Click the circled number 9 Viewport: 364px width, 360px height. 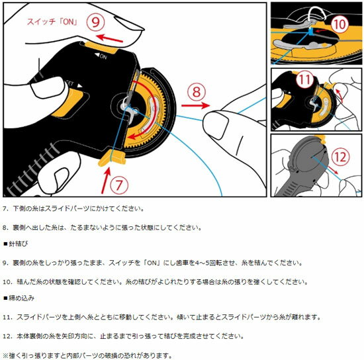point(95,22)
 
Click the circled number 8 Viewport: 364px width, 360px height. point(197,91)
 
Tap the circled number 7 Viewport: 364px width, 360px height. point(119,185)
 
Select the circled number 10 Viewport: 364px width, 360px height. point(340,24)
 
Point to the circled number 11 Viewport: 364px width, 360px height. point(305,79)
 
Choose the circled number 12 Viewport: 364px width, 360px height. point(340,157)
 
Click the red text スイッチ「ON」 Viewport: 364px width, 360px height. point(52,22)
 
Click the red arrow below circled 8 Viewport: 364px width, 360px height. point(195,106)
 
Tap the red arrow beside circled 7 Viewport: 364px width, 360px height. point(106,181)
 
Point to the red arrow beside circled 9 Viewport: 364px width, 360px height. point(110,38)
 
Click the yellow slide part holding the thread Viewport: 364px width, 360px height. point(112,158)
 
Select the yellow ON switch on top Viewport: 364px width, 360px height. point(102,47)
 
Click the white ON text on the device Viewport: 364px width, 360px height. point(101,56)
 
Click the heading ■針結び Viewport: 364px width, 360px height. point(16,244)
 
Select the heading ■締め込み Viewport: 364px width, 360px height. point(19,298)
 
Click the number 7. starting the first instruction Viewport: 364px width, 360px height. point(5,208)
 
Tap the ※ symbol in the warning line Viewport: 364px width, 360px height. point(6,355)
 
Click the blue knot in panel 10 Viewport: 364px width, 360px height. point(311,32)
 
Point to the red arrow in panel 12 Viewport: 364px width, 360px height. point(333,170)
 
